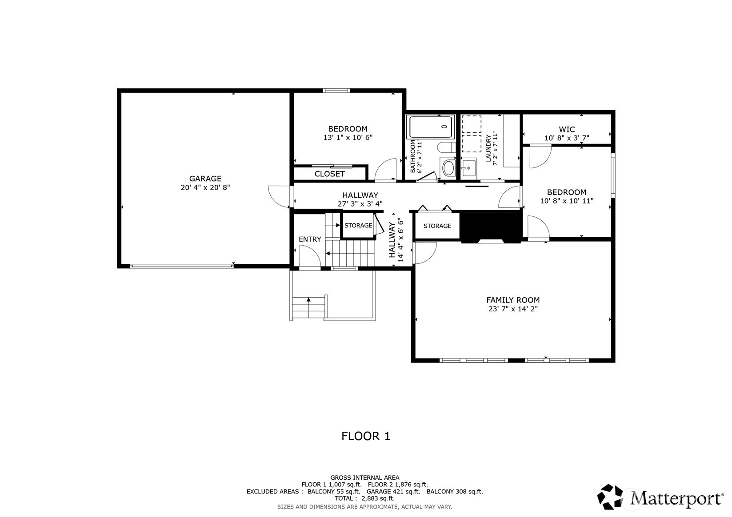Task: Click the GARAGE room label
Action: click(205, 179)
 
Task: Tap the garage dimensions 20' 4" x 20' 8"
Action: click(205, 187)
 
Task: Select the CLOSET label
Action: click(329, 174)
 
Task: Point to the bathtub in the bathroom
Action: click(430, 127)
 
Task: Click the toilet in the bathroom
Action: click(446, 147)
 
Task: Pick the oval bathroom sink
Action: click(448, 168)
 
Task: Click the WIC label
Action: click(567, 129)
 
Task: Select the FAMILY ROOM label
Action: click(513, 300)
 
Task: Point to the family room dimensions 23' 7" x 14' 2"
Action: click(513, 309)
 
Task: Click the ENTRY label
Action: click(310, 239)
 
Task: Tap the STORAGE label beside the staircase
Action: click(358, 225)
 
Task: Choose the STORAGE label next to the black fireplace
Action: click(437, 226)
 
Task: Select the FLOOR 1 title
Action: click(366, 436)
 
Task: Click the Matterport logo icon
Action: click(610, 497)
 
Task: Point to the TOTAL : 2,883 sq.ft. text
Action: click(364, 498)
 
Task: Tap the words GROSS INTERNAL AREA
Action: click(365, 477)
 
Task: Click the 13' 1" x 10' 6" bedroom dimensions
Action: click(348, 138)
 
